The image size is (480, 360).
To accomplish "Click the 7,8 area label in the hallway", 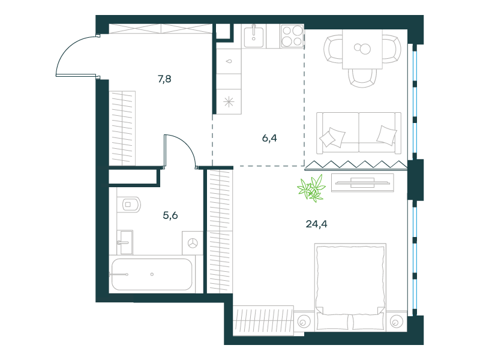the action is (164, 79).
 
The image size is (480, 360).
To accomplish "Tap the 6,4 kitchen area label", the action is (269, 138).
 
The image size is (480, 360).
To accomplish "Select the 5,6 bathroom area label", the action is (170, 215).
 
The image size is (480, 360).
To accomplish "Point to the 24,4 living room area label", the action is (316, 224).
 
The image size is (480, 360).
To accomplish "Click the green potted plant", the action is (311, 188).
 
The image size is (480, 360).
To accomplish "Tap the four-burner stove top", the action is (292, 36).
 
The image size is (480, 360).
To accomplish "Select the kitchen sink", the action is (254, 37).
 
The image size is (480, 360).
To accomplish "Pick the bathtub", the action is (152, 275).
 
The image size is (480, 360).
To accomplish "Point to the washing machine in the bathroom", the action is (193, 243).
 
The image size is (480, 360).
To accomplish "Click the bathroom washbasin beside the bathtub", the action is (125, 242).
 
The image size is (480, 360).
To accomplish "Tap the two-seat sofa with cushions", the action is (359, 133).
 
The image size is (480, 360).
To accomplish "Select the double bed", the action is (350, 287).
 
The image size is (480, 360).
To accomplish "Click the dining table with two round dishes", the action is (362, 49).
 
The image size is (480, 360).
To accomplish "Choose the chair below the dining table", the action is (362, 78).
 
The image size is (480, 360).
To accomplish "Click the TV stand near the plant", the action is (362, 183).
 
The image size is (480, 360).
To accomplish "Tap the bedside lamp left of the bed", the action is (304, 322).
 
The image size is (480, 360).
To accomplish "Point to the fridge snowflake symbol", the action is (229, 102).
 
